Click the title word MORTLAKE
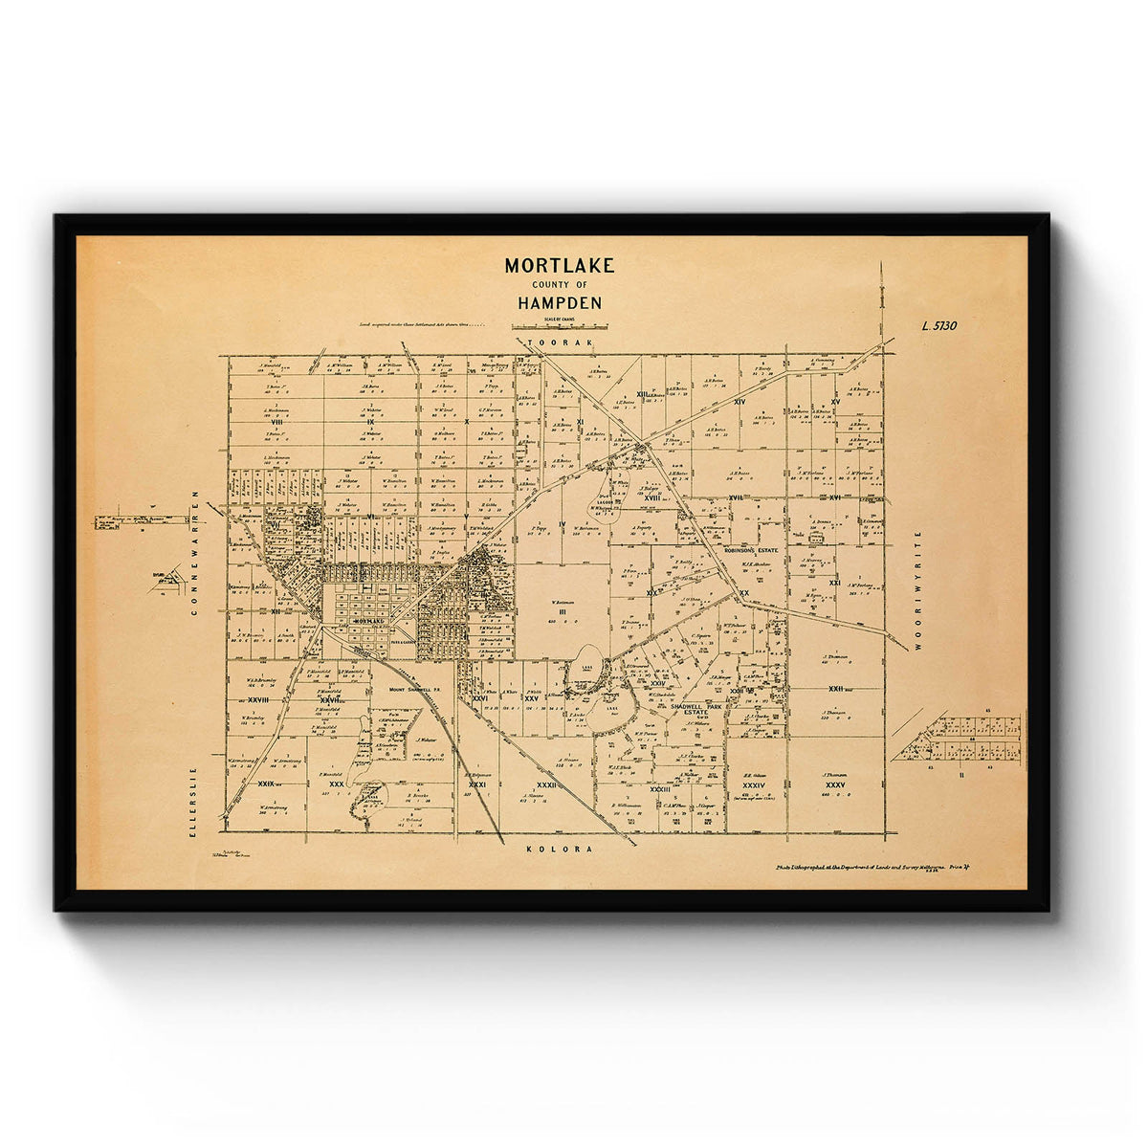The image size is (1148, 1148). [x=560, y=266]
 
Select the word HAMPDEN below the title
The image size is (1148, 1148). [x=560, y=303]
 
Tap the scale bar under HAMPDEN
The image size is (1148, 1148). [x=560, y=327]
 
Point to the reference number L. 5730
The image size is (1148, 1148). [x=938, y=325]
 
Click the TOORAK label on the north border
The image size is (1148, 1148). [x=560, y=342]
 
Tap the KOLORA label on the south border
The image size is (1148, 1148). [x=560, y=849]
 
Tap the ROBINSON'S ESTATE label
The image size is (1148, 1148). [x=754, y=552]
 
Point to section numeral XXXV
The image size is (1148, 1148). [x=835, y=785]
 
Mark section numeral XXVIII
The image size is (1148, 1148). [x=256, y=699]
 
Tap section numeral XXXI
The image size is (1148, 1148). [x=477, y=784]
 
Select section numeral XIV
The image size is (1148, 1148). [x=739, y=402]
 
